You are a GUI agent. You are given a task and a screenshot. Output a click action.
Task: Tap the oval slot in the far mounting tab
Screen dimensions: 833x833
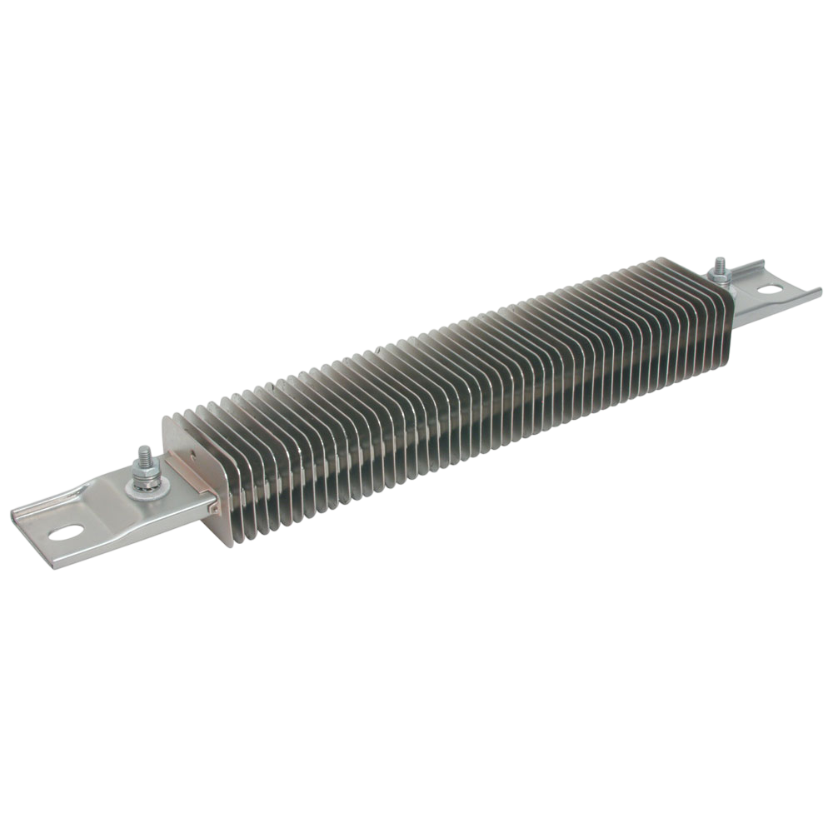[771, 289]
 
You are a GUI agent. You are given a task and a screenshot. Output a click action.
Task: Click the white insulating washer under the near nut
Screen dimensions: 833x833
[142, 486]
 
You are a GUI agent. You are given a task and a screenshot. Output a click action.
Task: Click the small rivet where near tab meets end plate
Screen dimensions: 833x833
[215, 502]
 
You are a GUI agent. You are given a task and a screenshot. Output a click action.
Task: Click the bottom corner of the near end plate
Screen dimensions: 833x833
[230, 544]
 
